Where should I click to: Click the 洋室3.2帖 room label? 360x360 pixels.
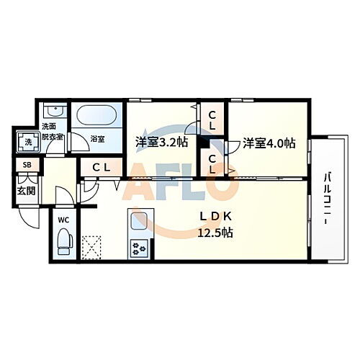(162, 142)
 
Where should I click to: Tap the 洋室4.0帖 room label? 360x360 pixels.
(269, 143)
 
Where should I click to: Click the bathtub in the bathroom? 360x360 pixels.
(98, 117)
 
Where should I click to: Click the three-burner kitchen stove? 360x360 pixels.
(138, 248)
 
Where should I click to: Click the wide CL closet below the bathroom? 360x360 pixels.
(100, 167)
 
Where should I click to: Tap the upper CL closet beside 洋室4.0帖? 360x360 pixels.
(215, 120)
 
